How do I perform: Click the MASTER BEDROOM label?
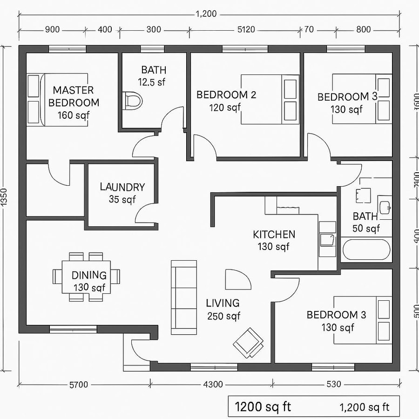click(73, 96)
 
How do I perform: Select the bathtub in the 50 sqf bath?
click(366, 250)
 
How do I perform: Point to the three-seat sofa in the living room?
click(184, 297)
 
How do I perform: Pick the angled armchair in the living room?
click(248, 342)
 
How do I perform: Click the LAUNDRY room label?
click(122, 187)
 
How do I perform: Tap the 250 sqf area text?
click(223, 316)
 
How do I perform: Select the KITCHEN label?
click(274, 234)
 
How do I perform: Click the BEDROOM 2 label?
click(226, 95)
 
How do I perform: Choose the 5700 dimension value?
click(78, 385)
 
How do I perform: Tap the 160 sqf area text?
click(74, 115)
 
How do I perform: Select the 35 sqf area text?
click(122, 200)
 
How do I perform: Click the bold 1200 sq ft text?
click(263, 406)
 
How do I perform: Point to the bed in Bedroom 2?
click(270, 99)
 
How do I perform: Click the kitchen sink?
click(327, 240)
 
